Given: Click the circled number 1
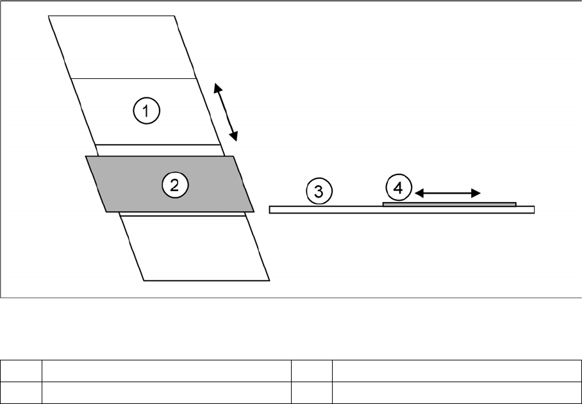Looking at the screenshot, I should pos(146,112).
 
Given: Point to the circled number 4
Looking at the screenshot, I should pos(398,189).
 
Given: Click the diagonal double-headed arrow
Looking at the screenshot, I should pos(226,112).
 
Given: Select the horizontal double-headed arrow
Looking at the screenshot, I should pos(447,192).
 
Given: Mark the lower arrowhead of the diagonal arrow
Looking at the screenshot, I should pos(235,137).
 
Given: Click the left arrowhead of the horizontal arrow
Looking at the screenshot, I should pos(418,192).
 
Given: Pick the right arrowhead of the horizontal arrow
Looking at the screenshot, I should pos(477,192).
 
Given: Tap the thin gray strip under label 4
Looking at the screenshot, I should pos(449,204).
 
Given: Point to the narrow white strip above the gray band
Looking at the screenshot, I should pos(160,150).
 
